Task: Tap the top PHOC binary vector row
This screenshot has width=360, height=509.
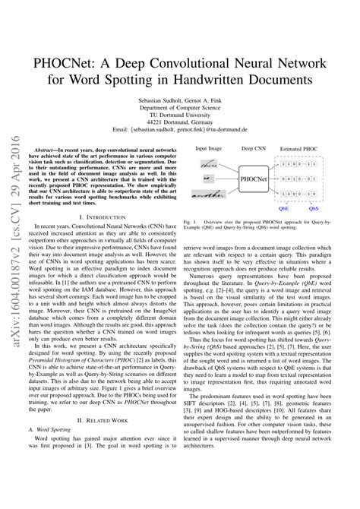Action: (x=298, y=163)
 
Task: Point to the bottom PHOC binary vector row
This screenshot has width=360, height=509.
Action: (x=298, y=194)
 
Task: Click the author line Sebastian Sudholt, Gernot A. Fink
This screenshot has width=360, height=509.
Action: (x=179, y=100)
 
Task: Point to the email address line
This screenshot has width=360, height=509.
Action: (x=179, y=131)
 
